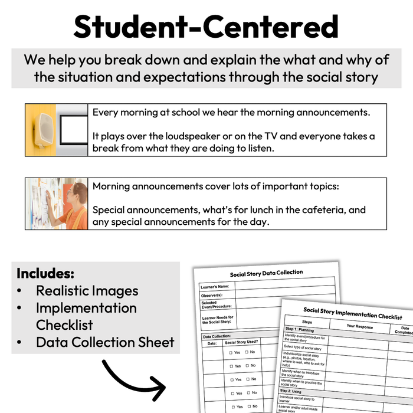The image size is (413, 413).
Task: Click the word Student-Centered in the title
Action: [206, 27]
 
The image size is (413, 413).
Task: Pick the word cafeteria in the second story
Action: [317, 209]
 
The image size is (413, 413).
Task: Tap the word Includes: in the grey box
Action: [45, 274]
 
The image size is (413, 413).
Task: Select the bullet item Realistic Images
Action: [87, 290]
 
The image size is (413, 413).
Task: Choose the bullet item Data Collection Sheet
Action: [105, 342]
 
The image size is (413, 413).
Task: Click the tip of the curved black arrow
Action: [165, 390]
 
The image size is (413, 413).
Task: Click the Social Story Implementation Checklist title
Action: [352, 313]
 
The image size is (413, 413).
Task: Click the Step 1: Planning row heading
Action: [300, 330]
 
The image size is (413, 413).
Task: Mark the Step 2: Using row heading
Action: [295, 391]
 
